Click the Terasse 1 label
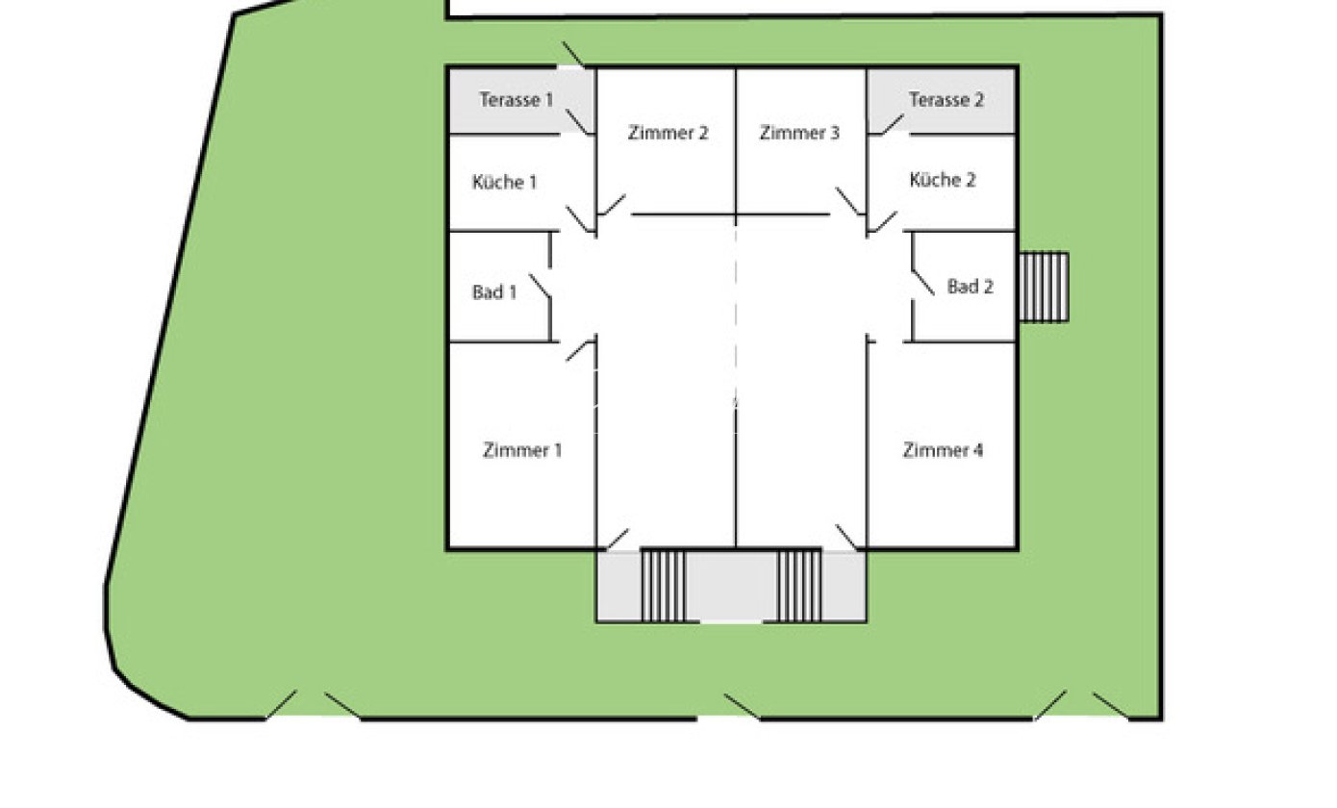[x=517, y=100]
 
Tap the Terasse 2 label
[x=946, y=100]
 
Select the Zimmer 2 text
[x=668, y=133]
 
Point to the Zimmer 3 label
[x=799, y=133]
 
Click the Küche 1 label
[x=504, y=182]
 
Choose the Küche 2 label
[x=943, y=179]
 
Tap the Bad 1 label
[x=494, y=292]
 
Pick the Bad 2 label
[x=971, y=287]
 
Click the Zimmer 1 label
[x=522, y=450]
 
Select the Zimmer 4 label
[x=943, y=450]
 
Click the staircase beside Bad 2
[x=1044, y=287]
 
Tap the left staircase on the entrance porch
[x=663, y=586]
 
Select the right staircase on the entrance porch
[x=799, y=586]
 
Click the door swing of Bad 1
[x=540, y=286]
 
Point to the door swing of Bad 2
[x=922, y=283]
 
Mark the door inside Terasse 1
[x=577, y=122]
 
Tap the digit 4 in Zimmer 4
[x=977, y=450]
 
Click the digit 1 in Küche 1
[x=533, y=182]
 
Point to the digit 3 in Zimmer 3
[x=835, y=133]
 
